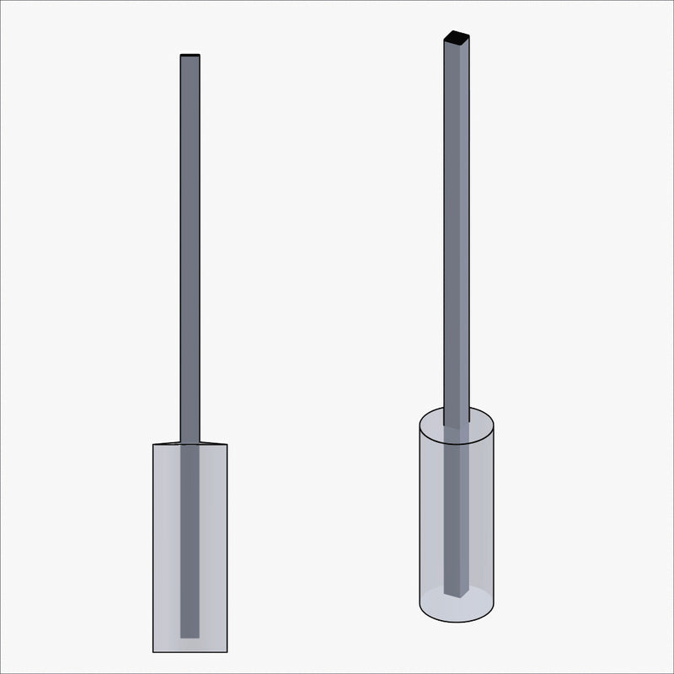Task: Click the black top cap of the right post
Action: point(456,37)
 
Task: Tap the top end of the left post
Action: point(190,56)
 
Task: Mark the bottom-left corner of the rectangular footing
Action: point(152,651)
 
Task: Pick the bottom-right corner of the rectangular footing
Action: point(227,651)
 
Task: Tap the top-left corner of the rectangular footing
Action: point(152,443)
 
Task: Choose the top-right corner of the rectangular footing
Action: point(227,443)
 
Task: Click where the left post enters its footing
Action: point(190,442)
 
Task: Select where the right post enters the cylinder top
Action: point(456,426)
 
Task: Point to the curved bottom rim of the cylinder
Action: point(456,623)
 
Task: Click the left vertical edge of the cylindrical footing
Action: point(420,514)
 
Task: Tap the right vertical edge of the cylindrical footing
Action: point(493,514)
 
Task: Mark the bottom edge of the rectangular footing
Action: point(190,651)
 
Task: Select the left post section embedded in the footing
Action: point(190,539)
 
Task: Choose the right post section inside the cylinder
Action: point(456,514)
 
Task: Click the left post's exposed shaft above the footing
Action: point(190,253)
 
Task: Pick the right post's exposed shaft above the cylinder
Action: point(456,236)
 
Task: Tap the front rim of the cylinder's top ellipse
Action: point(456,444)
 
